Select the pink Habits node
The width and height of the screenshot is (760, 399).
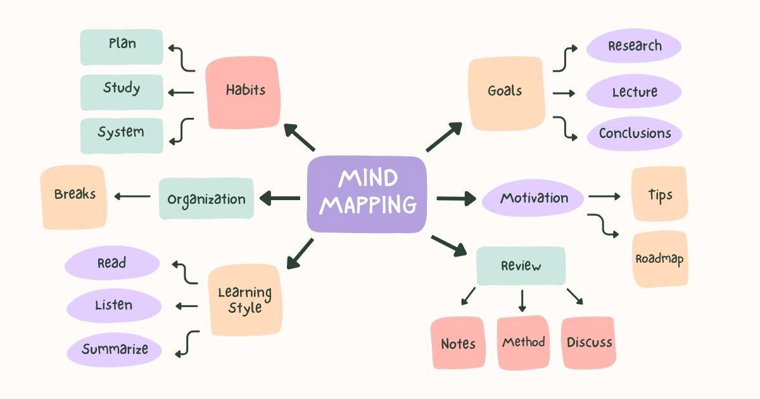pyautogui.click(x=243, y=92)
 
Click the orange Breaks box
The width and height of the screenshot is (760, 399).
pyautogui.click(x=74, y=197)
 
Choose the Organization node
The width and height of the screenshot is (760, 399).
pyautogui.click(x=206, y=199)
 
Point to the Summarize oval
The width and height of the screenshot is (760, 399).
pyautogui.click(x=115, y=350)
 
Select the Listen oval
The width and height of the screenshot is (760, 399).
pyautogui.click(x=114, y=306)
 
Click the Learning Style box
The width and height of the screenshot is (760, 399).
pyautogui.click(x=244, y=300)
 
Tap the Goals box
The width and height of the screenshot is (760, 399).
pyautogui.click(x=505, y=93)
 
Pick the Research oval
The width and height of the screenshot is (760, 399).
pyautogui.click(x=634, y=47)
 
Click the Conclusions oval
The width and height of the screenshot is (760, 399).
pyautogui.click(x=634, y=134)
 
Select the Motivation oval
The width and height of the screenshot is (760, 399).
pyautogui.click(x=533, y=198)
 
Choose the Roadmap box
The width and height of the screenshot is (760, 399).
pyautogui.click(x=659, y=259)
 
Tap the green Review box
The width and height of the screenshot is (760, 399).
pyautogui.click(x=521, y=266)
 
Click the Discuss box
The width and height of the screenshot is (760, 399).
pyautogui.click(x=588, y=343)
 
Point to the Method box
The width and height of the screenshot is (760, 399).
pyautogui.click(x=523, y=343)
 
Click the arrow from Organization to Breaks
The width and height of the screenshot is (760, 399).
pyautogui.click(x=132, y=196)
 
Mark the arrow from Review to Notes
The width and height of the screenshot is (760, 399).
pyautogui.click(x=467, y=296)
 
